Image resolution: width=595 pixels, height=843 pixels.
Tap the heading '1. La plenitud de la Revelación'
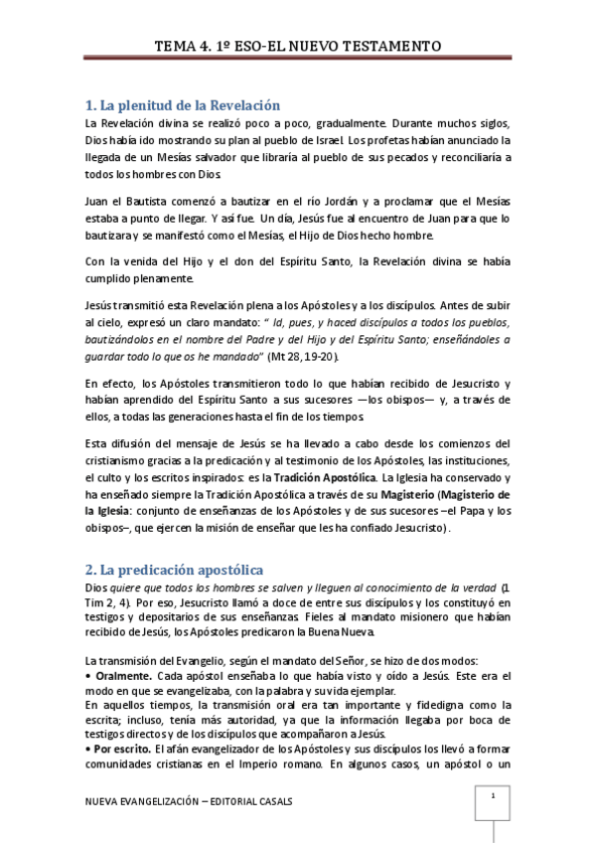[x=184, y=104]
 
